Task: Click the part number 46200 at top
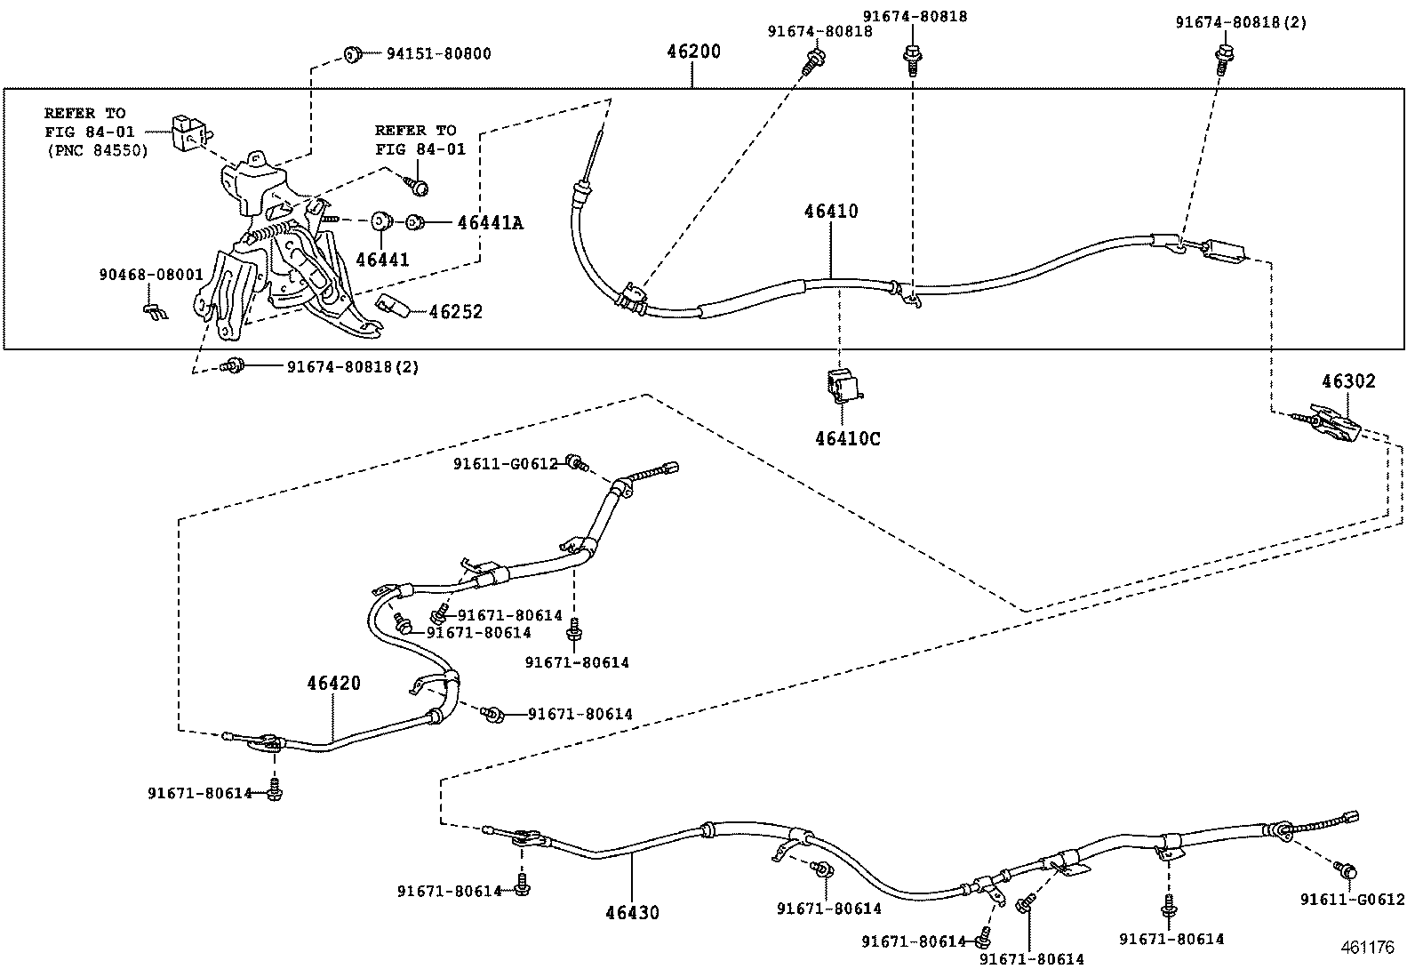(x=693, y=52)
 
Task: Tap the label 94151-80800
(x=438, y=53)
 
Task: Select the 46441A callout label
(x=490, y=223)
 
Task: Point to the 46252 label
(x=455, y=312)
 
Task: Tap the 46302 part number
(x=1347, y=381)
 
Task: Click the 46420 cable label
(x=334, y=683)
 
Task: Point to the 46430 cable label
(x=633, y=912)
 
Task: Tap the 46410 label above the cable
(x=831, y=212)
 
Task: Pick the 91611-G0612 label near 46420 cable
(x=505, y=463)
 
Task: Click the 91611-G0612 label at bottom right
(x=1352, y=900)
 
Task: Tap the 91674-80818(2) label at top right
(x=1241, y=22)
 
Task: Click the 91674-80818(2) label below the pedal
(x=352, y=366)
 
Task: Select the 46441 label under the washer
(x=382, y=260)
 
